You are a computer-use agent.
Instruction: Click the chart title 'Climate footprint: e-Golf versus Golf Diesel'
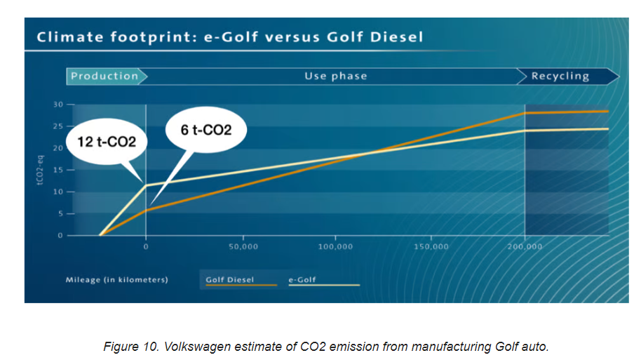(230, 36)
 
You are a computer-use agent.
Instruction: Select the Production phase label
(105, 76)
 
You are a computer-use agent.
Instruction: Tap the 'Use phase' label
(335, 76)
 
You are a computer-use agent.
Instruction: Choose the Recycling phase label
(560, 76)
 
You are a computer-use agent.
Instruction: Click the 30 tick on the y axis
(58, 105)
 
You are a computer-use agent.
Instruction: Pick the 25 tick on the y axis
(58, 127)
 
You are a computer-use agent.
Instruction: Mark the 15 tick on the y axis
(58, 171)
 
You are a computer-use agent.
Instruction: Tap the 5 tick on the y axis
(60, 214)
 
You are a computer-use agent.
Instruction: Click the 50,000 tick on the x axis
(243, 247)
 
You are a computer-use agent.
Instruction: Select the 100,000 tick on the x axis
(335, 247)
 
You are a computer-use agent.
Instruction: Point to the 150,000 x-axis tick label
(431, 247)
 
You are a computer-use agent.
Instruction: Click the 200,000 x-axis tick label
(525, 247)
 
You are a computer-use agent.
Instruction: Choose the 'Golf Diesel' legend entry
(230, 280)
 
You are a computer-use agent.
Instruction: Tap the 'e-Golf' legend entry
(303, 280)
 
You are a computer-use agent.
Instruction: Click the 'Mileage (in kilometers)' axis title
(117, 280)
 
